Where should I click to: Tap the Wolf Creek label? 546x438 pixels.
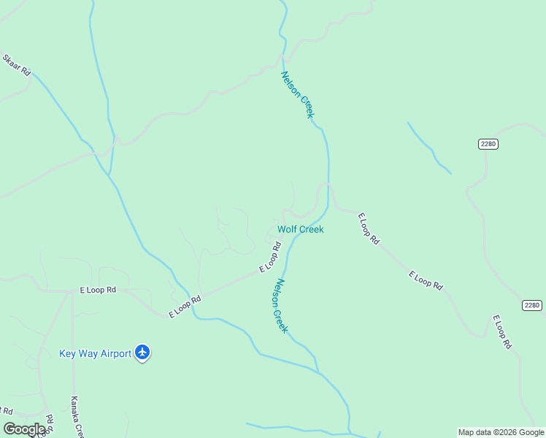point(300,229)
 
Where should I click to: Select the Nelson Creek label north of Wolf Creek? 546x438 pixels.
point(298,94)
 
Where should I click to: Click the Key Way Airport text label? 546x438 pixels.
point(95,354)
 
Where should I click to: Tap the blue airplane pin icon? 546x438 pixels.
point(142,353)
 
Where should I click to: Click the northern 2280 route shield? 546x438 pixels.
point(488,144)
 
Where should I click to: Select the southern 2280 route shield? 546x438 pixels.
point(532,305)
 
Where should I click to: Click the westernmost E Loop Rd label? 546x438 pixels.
point(98,290)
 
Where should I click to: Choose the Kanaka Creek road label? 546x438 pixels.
point(76,416)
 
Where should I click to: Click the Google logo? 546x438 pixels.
point(24,429)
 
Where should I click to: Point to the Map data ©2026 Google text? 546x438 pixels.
point(501,432)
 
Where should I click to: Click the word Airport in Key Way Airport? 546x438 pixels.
point(113,354)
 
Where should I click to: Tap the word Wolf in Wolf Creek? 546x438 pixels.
point(288,229)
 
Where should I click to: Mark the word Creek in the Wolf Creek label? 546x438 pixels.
point(311,229)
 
